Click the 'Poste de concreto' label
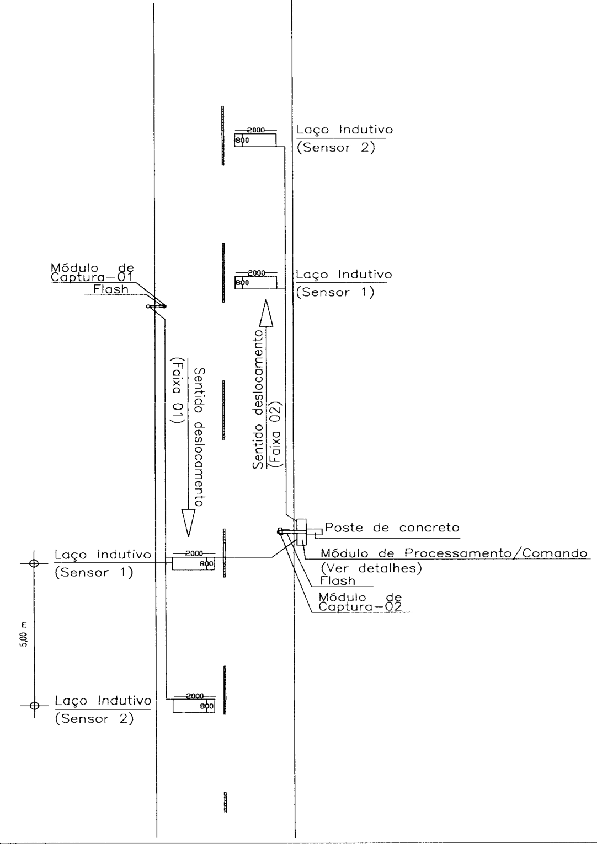coord(392,527)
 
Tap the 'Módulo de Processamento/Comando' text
coord(454,553)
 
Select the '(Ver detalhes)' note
coord(371,568)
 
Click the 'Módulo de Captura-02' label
coord(360,602)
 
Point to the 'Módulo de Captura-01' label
coord(92,273)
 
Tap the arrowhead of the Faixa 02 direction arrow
coord(266,313)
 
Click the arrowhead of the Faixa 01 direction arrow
coord(188,523)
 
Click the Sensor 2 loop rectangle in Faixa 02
coord(255,140)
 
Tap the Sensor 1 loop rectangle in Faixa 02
coord(255,283)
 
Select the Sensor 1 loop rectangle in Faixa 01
coord(193,563)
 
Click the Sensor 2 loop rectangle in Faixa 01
coord(194,706)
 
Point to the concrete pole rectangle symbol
coord(302,532)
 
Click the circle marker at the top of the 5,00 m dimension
coord(34,563)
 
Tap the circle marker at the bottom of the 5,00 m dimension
coord(34,706)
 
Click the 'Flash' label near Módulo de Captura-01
coord(111,289)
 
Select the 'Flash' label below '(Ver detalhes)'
coord(338,580)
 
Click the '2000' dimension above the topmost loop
coord(255,130)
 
